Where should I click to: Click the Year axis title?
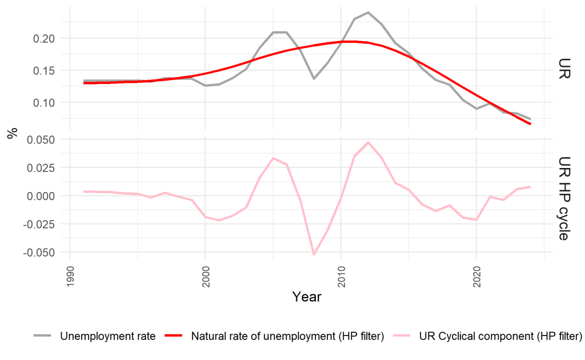tap(307, 297)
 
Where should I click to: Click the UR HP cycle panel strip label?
tap(563, 195)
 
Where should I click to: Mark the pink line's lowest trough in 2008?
tap(314, 254)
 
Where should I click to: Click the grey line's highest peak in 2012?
tap(368, 12)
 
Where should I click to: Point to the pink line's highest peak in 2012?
tap(368, 142)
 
